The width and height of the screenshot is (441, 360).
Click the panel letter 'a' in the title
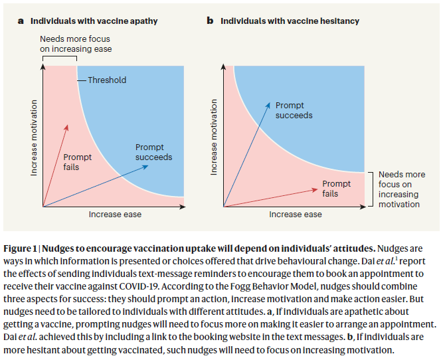tap(21, 21)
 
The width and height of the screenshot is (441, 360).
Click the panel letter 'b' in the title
tap(210, 21)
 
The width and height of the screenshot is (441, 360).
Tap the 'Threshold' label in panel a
tap(107, 80)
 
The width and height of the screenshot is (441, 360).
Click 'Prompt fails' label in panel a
tap(78, 162)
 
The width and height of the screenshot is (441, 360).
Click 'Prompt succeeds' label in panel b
tap(294, 110)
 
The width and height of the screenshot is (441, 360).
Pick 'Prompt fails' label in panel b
tap(336, 189)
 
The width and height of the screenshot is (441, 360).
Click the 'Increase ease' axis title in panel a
tap(115, 215)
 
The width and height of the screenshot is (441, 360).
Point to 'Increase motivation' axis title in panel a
tap(34, 136)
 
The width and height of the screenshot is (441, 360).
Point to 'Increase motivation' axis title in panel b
tap(215, 136)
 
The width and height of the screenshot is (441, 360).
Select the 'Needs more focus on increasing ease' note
tap(76, 44)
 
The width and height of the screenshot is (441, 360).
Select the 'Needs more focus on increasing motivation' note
tap(398, 189)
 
